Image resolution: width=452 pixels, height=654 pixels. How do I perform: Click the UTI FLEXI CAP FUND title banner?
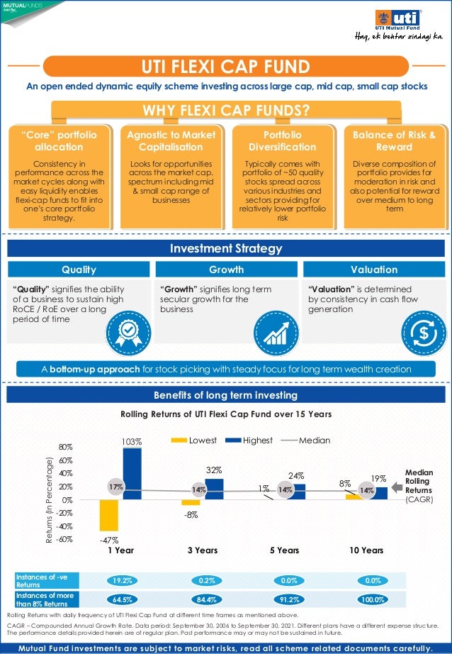coord(226,67)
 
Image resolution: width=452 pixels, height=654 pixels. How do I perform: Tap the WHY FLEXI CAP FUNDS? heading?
coord(226,111)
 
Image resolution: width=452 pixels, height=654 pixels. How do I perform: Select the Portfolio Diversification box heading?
coord(280,140)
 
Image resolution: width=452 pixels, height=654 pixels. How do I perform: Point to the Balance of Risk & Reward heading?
coord(395,140)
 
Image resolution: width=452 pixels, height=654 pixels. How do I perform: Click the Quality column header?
coord(79,270)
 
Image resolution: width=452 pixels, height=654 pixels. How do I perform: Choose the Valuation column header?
coord(373,270)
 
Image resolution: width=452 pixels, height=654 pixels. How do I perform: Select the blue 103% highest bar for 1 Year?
coord(132,473)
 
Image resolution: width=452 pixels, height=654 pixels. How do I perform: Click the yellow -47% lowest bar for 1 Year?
coord(108,515)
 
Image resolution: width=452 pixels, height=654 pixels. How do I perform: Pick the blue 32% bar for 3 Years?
coord(214,489)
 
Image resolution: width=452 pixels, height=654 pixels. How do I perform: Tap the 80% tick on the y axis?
coord(66,448)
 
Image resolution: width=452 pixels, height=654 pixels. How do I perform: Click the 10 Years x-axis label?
coord(366,550)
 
